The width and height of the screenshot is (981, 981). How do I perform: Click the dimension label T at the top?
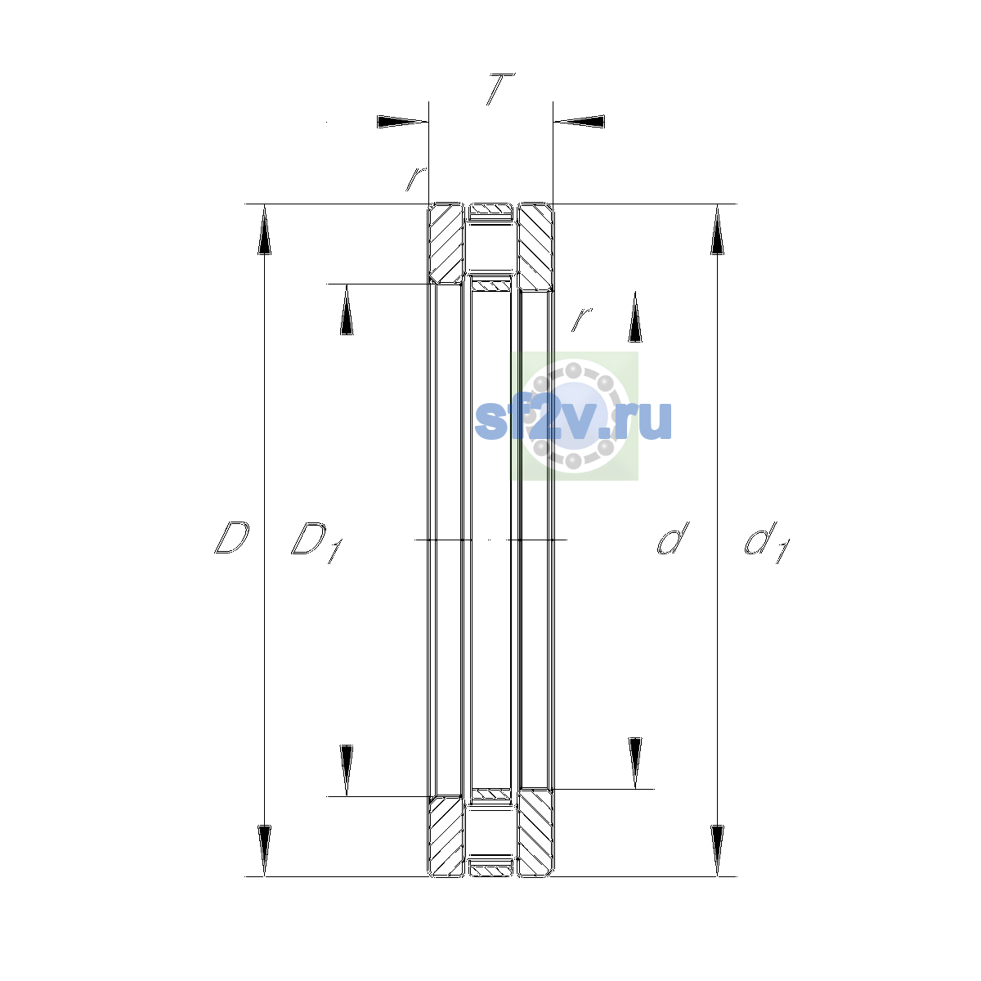click(x=500, y=89)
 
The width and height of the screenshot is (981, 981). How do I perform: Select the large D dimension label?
click(x=231, y=538)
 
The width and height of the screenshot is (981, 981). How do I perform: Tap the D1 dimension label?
click(x=316, y=542)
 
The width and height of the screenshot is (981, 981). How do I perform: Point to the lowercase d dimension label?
click(x=673, y=538)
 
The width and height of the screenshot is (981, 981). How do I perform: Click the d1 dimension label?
click(x=767, y=542)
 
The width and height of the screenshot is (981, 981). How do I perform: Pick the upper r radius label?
click(x=415, y=179)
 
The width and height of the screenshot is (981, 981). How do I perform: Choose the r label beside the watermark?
click(x=581, y=319)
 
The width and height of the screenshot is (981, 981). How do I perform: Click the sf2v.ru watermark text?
click(x=573, y=420)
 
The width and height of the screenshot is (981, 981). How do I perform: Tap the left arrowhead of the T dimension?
click(x=402, y=122)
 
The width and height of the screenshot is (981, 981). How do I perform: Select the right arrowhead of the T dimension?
click(x=579, y=122)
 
